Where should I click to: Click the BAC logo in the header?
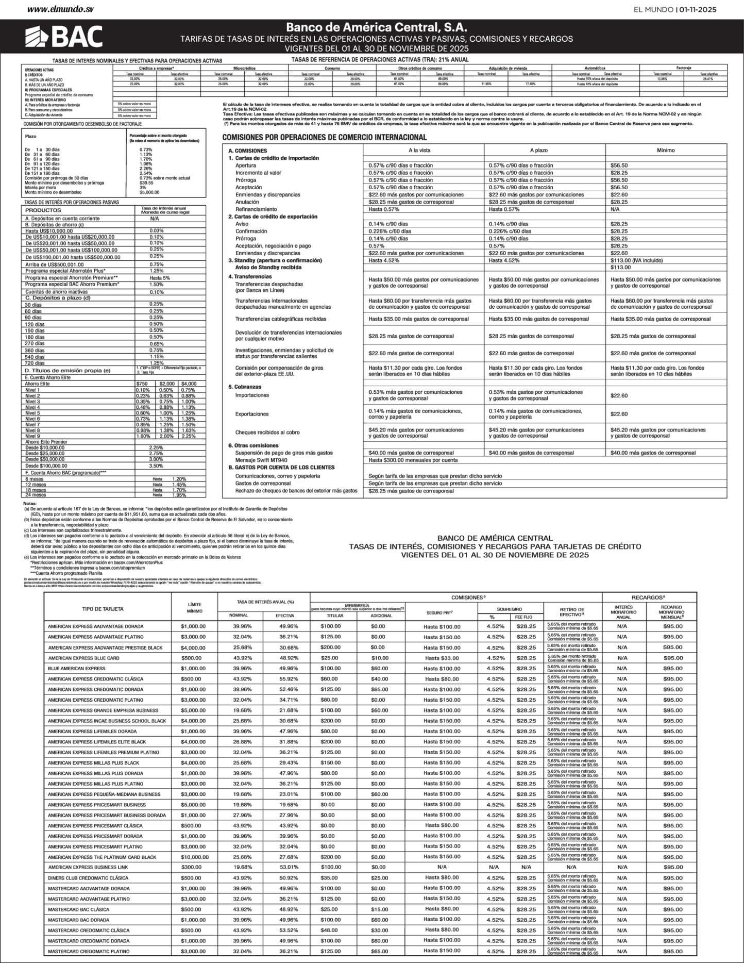(x=64, y=36)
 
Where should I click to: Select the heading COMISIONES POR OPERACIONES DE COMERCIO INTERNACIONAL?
(x=324, y=138)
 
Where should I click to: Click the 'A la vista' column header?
(x=419, y=150)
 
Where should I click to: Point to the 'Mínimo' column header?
(x=666, y=150)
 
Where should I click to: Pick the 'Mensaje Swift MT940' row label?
(x=261, y=460)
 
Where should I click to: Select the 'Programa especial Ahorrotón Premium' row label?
(x=72, y=278)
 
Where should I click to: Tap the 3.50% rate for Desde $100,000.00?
(x=156, y=466)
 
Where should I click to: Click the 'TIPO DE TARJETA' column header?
(x=103, y=609)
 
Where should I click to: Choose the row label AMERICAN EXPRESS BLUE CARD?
(x=83, y=658)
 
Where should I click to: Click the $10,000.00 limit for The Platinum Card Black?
(x=195, y=857)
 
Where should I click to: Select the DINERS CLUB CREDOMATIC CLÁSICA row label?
(x=88, y=878)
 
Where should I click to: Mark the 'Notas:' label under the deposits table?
(x=30, y=503)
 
